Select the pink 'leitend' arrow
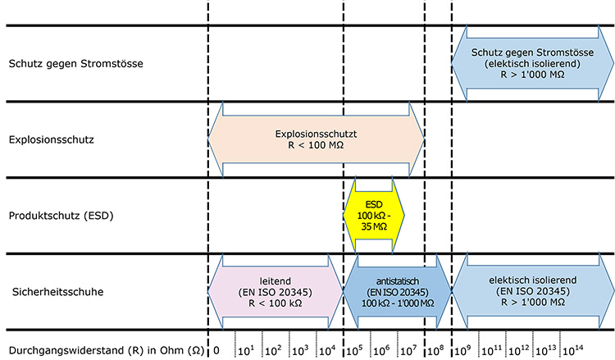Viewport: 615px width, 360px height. (276, 292)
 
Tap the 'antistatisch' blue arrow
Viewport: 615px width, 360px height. (397, 292)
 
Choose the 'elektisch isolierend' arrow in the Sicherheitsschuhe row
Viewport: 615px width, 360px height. (532, 292)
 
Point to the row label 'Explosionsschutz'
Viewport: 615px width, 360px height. (52, 139)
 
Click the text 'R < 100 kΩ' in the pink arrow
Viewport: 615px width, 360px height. (276, 304)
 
